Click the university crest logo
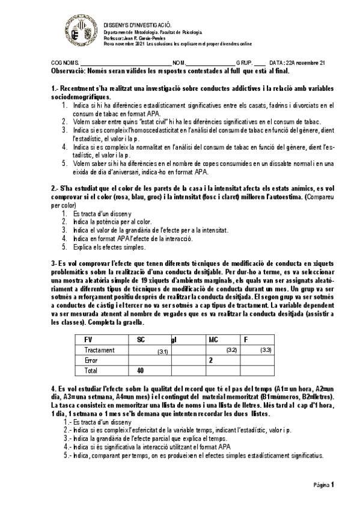pos(82,29)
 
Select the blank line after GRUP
pos(260,63)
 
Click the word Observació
pos(68,70)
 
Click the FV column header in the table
pos(89,339)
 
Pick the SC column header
pos(141,339)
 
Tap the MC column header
pos(213,339)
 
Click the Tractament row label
pos(100,349)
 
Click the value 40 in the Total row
pos(141,370)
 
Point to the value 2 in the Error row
pos(210,360)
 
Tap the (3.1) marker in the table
pos(163,351)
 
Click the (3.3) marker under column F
pos(266,349)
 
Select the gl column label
pos(174,340)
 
